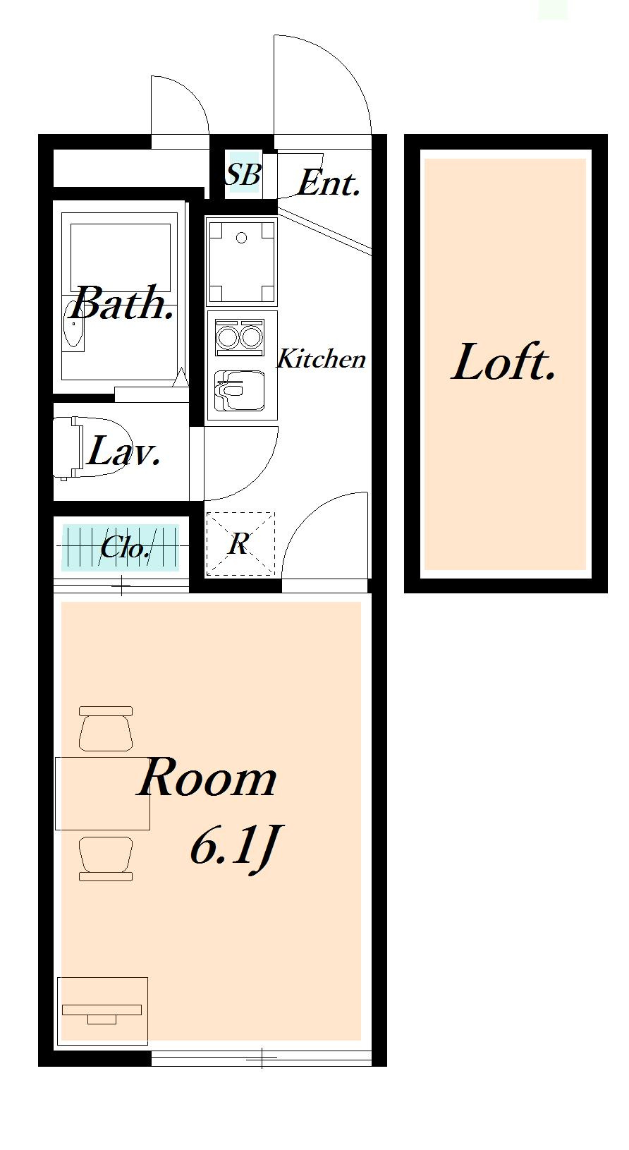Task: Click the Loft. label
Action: pyautogui.click(x=503, y=362)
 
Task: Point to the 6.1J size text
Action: pyautogui.click(x=234, y=847)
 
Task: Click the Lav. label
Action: pyautogui.click(x=123, y=451)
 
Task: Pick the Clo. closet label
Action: pyautogui.click(x=125, y=547)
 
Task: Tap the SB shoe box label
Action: pyautogui.click(x=243, y=174)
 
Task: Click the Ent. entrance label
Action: pyautogui.click(x=328, y=182)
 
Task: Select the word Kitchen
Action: pyautogui.click(x=321, y=358)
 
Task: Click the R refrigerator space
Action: pyautogui.click(x=240, y=544)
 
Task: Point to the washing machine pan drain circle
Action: pyautogui.click(x=242, y=238)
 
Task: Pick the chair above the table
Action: pyautogui.click(x=106, y=728)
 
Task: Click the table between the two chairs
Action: pyautogui.click(x=103, y=793)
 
